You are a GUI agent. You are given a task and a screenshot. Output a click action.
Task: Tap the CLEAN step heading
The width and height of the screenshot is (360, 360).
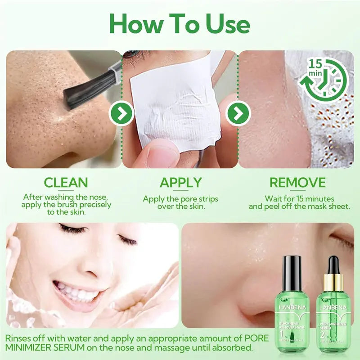(66, 183)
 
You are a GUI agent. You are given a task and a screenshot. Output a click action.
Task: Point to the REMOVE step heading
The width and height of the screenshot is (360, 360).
(297, 183)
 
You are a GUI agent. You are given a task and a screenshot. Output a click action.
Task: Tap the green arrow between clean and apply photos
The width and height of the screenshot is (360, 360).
(122, 113)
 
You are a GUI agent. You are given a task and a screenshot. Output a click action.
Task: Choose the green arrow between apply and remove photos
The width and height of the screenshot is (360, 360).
(238, 113)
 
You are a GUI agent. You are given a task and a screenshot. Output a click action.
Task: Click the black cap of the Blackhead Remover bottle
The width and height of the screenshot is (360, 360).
(293, 266)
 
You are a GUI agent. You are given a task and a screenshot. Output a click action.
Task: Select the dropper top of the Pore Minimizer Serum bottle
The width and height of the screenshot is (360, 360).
(333, 268)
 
